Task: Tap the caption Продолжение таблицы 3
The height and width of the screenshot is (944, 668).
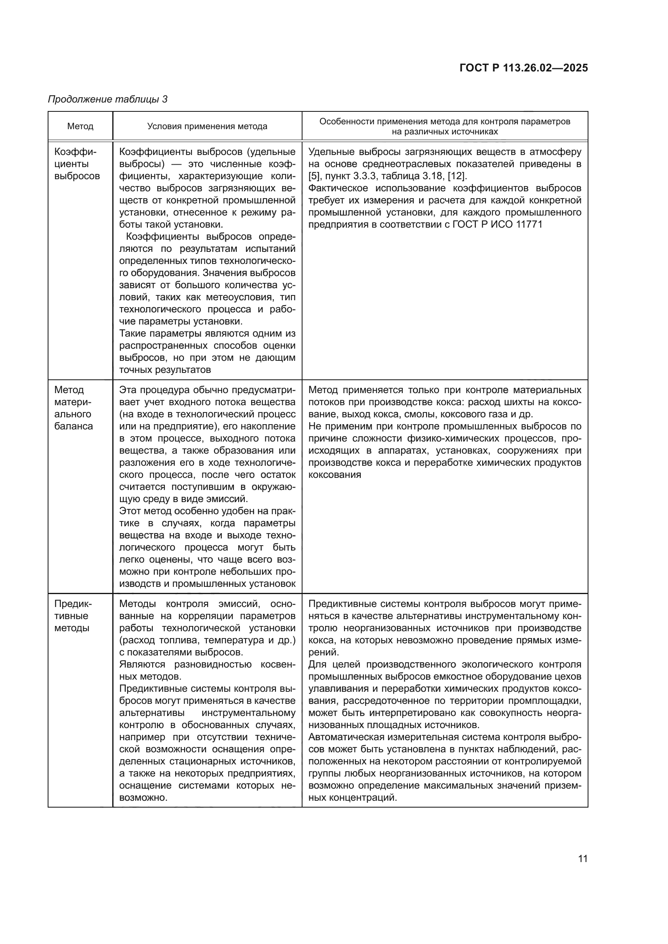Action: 108,99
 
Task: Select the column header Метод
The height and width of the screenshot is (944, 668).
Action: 80,126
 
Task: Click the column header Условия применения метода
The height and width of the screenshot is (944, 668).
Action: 207,126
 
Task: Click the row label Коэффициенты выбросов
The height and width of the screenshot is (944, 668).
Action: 77,164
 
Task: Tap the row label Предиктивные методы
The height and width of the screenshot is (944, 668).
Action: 73,616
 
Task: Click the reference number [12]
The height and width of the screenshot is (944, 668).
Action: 458,176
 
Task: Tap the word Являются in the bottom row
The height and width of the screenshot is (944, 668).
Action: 142,664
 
